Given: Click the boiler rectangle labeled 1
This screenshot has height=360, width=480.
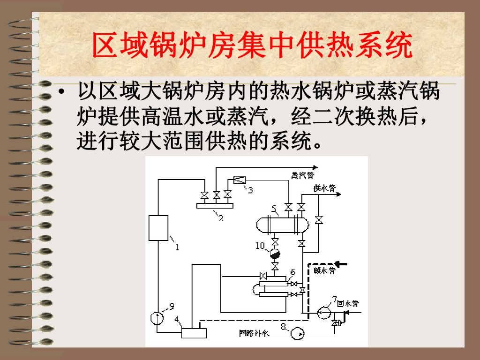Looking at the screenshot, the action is [158, 228].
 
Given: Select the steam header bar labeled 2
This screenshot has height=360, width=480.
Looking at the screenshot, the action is [215, 205].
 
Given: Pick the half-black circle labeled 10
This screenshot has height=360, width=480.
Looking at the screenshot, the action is [275, 254].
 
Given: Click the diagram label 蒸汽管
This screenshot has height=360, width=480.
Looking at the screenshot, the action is [301, 175].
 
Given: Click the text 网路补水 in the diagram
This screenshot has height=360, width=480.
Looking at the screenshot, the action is [253, 333].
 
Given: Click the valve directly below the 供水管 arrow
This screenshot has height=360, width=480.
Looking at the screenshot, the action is [319, 220].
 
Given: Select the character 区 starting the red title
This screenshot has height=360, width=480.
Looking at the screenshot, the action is [105, 45].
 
